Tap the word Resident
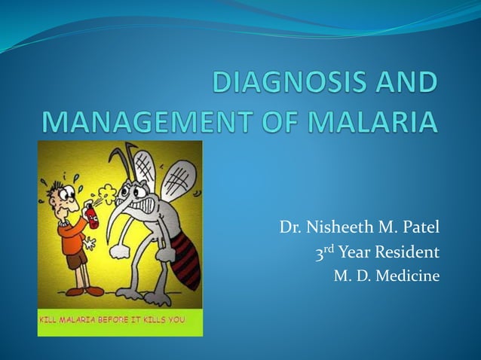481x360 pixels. pos(408,251)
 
